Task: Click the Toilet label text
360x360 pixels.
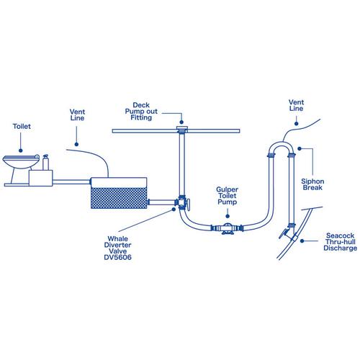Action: [x=22, y=127]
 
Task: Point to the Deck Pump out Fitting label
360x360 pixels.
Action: [x=150, y=112]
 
